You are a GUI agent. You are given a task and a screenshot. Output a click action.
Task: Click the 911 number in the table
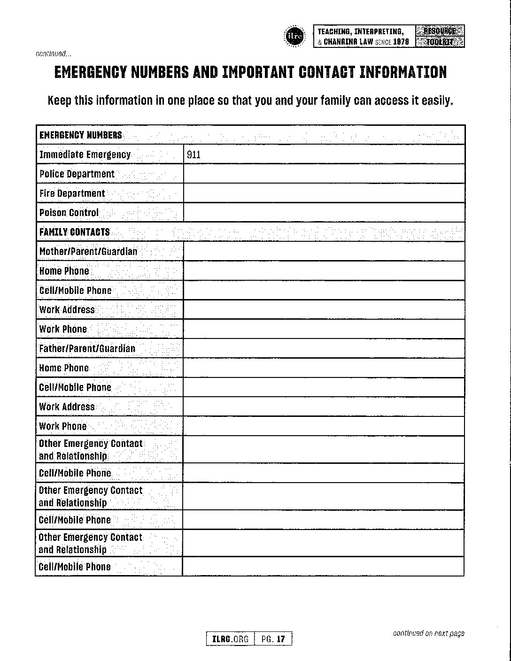coord(194,154)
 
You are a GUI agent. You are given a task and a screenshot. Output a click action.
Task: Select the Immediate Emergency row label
coord(85,154)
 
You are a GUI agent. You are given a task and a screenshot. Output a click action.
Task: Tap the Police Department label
coord(77,174)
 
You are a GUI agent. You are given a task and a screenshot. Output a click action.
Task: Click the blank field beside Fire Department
coord(324,193)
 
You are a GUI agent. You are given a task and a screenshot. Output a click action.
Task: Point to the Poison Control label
coord(69,213)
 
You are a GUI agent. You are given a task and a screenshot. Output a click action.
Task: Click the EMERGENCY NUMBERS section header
coord(81,135)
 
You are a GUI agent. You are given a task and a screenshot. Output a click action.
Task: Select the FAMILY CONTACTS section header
coord(75,232)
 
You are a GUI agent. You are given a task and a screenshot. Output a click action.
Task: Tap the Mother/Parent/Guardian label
coord(88,251)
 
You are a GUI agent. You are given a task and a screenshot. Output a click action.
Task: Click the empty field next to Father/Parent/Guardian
coord(324,348)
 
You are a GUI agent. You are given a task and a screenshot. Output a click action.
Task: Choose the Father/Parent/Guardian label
coord(87,348)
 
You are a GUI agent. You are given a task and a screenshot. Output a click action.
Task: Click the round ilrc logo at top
coord(294,36)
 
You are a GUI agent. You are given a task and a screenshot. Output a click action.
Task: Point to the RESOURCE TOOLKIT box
coord(440,36)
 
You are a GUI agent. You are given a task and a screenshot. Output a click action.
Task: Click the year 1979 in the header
coord(401,42)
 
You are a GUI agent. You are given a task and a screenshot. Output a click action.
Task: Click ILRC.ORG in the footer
coord(231,639)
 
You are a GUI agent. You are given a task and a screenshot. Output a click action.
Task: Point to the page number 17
coord(281,639)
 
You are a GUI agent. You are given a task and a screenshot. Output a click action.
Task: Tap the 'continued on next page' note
coord(428,633)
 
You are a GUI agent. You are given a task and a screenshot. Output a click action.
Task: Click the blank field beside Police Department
coord(324,174)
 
